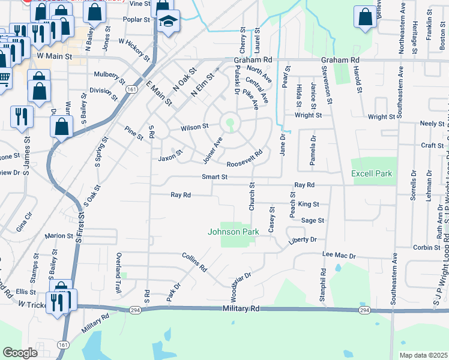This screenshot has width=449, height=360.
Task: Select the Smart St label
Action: tap(214, 177)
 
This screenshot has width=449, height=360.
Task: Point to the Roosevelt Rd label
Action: tap(244, 159)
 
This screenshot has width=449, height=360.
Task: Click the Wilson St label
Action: tap(195, 127)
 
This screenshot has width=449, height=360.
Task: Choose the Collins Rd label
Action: tap(194, 262)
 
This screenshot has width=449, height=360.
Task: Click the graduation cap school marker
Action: tap(169, 23)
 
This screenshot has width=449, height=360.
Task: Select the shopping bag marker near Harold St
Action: tap(365, 18)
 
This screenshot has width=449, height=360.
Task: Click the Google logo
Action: tap(20, 353)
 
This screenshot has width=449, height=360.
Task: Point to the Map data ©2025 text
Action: tap(423, 355)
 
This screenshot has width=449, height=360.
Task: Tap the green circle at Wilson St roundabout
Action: tap(229, 124)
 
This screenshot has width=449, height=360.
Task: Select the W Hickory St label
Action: tap(134, 50)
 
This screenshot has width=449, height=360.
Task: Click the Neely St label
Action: tap(432, 124)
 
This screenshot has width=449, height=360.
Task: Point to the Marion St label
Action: tap(58, 236)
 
